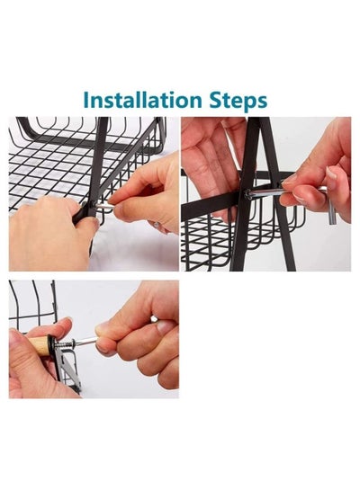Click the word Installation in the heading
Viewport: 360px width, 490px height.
(x=142, y=100)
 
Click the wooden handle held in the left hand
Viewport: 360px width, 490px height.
(x=39, y=345)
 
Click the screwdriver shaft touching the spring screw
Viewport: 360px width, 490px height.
(x=85, y=342)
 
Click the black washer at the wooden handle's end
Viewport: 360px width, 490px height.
(x=51, y=345)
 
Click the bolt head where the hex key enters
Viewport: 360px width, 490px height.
(x=248, y=194)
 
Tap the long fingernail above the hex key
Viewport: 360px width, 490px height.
(x=331, y=173)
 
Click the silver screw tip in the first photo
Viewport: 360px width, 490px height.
(x=103, y=205)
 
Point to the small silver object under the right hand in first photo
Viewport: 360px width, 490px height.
(x=157, y=224)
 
